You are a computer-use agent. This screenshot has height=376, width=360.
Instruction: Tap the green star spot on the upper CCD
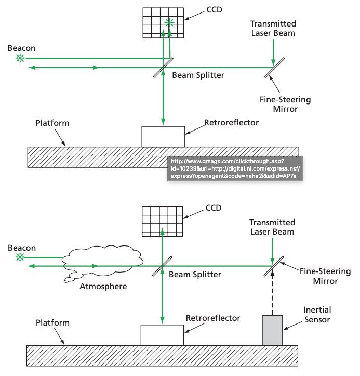pyautogui.click(x=169, y=22)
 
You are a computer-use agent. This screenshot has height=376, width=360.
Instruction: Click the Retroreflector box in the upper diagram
pyautogui.click(x=163, y=137)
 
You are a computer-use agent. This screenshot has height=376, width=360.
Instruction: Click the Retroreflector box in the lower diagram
pyautogui.click(x=162, y=335)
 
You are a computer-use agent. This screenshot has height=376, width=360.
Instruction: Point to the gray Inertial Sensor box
pyautogui.click(x=272, y=330)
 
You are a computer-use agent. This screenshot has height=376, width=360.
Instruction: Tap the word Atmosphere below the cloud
pyautogui.click(x=103, y=286)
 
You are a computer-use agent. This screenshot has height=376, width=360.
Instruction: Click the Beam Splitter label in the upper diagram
pyautogui.click(x=198, y=75)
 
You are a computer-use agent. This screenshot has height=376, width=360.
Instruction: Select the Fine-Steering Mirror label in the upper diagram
pyautogui.click(x=285, y=105)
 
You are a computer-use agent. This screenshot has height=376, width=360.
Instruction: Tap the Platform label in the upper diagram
pyautogui.click(x=52, y=123)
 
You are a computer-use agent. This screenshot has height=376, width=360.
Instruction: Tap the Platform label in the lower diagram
pyautogui.click(x=52, y=322)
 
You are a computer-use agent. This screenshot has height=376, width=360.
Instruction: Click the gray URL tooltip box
pyautogui.click(x=234, y=168)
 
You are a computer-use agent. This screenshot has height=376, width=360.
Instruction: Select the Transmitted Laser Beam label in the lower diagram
pyautogui.click(x=272, y=227)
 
